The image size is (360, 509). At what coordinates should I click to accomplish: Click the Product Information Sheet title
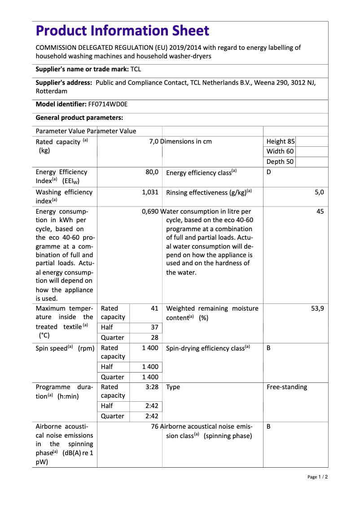[x=122, y=31]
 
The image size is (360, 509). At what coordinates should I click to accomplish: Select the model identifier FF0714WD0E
[x=108, y=104]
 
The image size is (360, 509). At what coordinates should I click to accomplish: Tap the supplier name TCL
[x=136, y=69]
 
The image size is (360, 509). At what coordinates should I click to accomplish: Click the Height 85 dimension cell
[x=281, y=141]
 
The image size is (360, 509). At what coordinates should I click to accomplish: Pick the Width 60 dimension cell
[x=280, y=151]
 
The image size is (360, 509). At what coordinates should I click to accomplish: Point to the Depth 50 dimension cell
[x=280, y=162]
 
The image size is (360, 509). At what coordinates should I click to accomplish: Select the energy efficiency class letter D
[x=269, y=172]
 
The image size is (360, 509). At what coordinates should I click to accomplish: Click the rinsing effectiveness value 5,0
[x=319, y=192]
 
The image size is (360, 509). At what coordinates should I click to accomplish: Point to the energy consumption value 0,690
[x=150, y=211]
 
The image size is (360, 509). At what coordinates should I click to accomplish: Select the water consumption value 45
[x=320, y=211]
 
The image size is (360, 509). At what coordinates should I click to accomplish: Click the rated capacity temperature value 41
[x=154, y=308]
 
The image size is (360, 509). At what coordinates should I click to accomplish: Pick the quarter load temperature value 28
[x=154, y=338]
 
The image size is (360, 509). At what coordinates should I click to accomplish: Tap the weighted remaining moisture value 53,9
[x=317, y=308]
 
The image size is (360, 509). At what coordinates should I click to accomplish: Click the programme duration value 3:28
[x=152, y=387]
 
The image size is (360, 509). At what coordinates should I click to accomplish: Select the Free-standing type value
[x=287, y=387]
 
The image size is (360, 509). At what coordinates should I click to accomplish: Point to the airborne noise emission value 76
[x=155, y=426]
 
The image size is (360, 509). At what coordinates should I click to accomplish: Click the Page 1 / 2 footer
[x=317, y=477]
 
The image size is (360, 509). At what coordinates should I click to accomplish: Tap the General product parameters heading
[x=79, y=118]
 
